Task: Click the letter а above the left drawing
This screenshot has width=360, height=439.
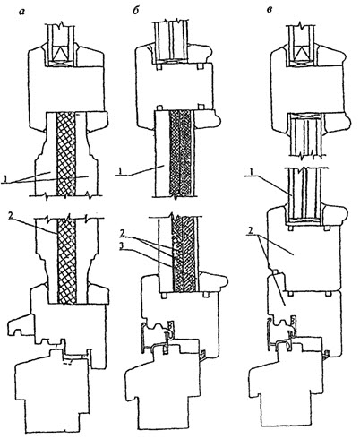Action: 21,12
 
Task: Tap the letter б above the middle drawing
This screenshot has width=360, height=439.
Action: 135,11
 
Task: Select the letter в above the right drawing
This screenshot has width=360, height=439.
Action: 269,11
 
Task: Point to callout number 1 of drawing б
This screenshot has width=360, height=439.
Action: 119,172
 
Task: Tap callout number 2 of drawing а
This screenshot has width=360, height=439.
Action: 11,216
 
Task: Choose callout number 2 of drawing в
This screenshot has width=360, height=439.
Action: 251,232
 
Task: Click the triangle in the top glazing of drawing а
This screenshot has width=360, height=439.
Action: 62,54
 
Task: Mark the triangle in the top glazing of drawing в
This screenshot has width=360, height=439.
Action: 303,54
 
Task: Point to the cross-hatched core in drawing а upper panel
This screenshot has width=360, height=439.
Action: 65,154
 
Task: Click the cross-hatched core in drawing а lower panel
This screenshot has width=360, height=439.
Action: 66,260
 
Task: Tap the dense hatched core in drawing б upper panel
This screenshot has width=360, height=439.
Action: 180,153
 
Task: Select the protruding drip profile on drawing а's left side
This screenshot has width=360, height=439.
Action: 20,326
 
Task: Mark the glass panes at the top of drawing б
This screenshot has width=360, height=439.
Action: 172,41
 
